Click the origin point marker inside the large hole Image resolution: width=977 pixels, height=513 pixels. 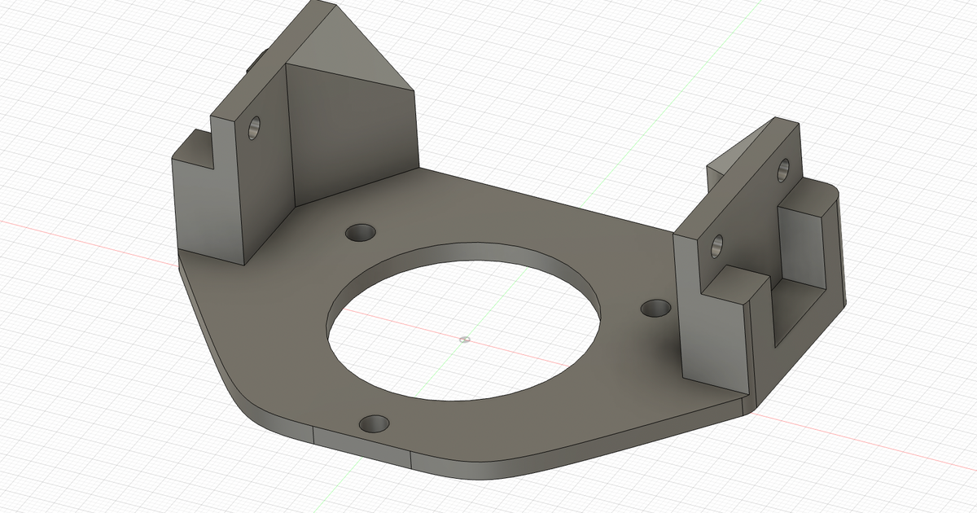tap(464, 339)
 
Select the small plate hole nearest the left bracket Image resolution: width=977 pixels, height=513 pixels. tap(360, 233)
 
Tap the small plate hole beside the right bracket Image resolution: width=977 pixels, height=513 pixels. tap(655, 308)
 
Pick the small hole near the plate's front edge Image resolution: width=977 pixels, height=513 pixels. tap(375, 423)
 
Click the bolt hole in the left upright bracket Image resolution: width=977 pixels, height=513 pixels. tap(255, 127)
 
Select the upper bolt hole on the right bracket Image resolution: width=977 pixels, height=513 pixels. tap(783, 169)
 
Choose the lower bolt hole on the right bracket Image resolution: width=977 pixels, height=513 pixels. tap(717, 244)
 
